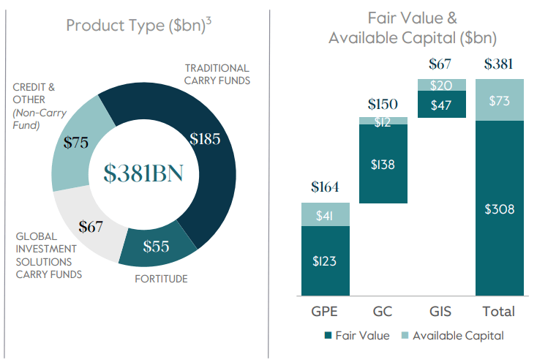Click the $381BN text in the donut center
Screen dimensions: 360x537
(143, 173)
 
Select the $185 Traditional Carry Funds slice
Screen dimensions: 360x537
(204, 138)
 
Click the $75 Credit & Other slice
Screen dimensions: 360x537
(76, 142)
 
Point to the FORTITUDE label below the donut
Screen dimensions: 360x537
(160, 278)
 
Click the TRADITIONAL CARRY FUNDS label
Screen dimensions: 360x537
(217, 74)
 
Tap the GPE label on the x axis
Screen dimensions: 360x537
(325, 311)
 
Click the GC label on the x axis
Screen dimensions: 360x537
(383, 311)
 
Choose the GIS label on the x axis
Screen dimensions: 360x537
(441, 311)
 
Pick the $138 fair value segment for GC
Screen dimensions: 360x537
(383, 164)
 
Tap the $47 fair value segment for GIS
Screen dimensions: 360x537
(441, 104)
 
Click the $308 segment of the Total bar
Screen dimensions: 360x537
(500, 209)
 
